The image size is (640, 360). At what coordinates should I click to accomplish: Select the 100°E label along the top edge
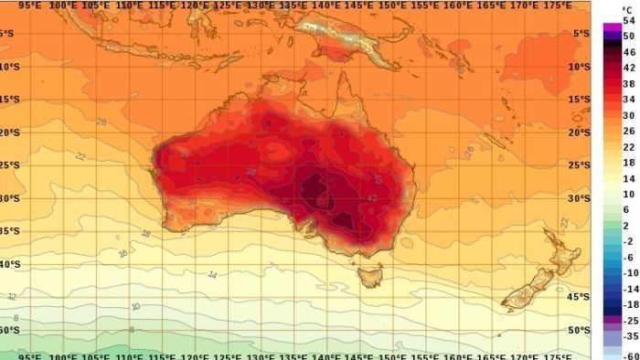coord(63,5)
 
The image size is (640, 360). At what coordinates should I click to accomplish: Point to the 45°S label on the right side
coord(578,297)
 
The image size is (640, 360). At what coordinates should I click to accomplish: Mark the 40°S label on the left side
coord(8,264)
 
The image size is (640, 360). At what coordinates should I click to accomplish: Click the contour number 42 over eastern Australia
coord(372,197)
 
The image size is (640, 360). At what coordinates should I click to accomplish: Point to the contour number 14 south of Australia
coord(212,273)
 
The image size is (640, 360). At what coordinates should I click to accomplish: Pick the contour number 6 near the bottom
coord(132,329)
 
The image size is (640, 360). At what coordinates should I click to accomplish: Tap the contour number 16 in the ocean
coord(122,253)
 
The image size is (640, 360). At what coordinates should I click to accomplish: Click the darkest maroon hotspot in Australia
coord(315,192)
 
